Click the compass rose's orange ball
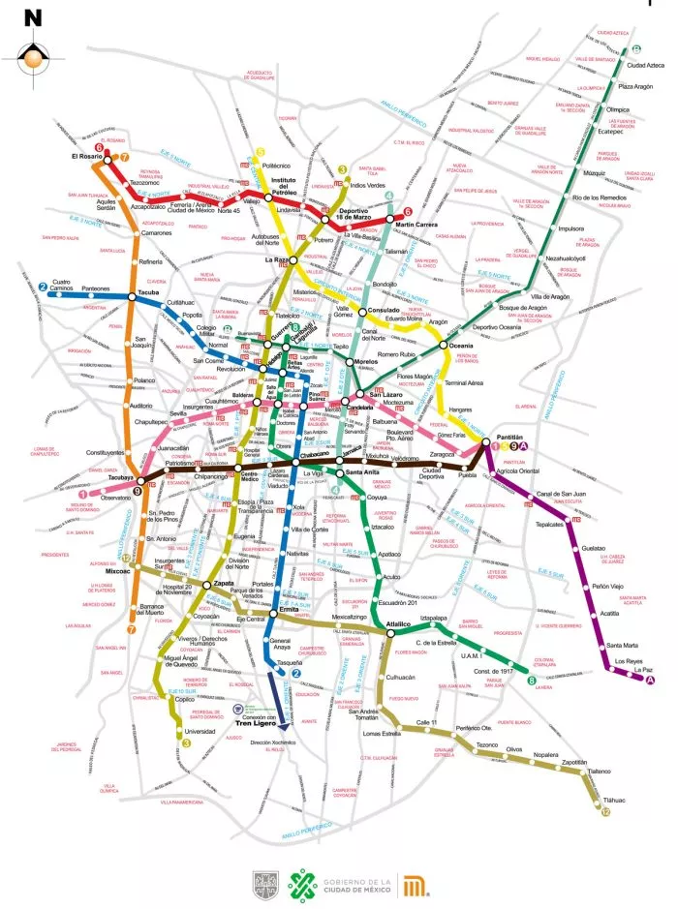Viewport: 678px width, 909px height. [35, 59]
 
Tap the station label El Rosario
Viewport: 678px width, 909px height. [87, 156]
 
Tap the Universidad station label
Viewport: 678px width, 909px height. [200, 731]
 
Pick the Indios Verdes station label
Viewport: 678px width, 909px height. [367, 185]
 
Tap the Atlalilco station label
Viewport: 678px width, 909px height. [399, 623]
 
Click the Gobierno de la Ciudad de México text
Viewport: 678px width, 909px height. [356, 884]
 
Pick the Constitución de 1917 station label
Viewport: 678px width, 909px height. [492, 672]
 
